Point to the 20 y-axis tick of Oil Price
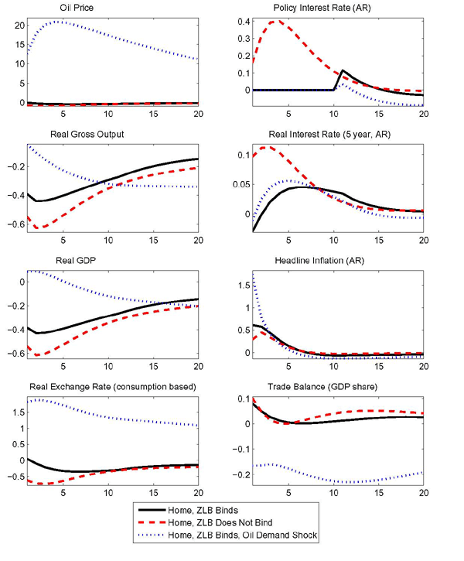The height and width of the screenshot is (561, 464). [18, 25]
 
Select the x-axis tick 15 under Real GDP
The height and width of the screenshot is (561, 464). [153, 364]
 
